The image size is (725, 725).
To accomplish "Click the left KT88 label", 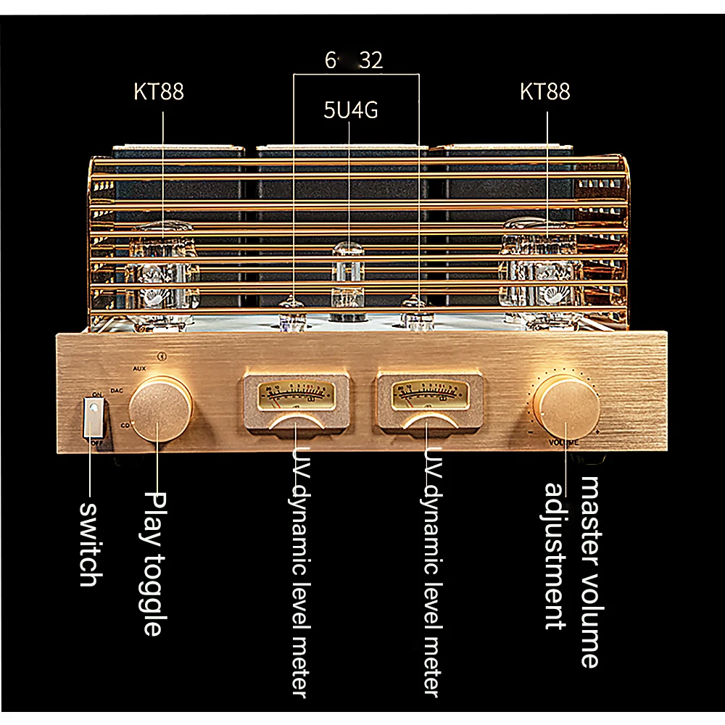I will (x=159, y=92).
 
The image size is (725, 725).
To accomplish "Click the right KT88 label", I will (x=545, y=92).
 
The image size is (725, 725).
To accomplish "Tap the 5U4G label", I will (x=350, y=112).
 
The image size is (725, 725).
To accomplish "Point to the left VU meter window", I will (x=295, y=394).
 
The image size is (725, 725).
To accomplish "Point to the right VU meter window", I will (x=428, y=394).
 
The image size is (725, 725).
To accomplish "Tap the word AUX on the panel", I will (x=140, y=368).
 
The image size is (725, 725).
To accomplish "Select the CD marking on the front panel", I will (x=125, y=425).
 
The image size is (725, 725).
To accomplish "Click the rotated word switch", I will (x=88, y=542).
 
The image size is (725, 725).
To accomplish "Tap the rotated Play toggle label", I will (x=152, y=563).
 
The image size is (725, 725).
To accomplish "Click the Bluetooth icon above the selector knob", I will (x=162, y=357).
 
